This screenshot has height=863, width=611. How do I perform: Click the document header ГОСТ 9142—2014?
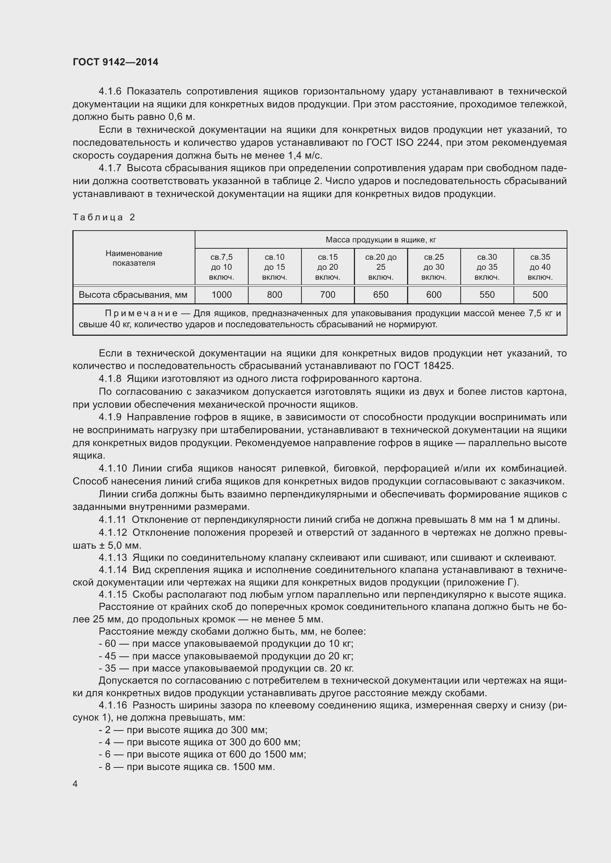pyautogui.click(x=116, y=62)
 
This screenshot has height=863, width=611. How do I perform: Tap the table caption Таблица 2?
pyautogui.click(x=104, y=217)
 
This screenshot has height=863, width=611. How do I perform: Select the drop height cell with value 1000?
pyautogui.click(x=222, y=295)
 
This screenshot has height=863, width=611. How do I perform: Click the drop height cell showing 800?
pyautogui.click(x=274, y=295)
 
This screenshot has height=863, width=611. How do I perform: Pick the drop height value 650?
pyautogui.click(x=381, y=295)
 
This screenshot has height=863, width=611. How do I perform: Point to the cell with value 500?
pyautogui.click(x=540, y=295)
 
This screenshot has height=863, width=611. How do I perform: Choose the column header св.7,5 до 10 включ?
pyautogui.click(x=222, y=267)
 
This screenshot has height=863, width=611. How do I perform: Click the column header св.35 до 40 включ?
pyautogui.click(x=540, y=267)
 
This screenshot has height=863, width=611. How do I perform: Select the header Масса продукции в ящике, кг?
pyautogui.click(x=381, y=240)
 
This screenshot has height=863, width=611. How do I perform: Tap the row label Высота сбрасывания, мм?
pyautogui.click(x=133, y=295)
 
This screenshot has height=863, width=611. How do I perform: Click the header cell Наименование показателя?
pyautogui.click(x=134, y=258)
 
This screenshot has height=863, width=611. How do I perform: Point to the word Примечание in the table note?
pyautogui.click(x=141, y=314)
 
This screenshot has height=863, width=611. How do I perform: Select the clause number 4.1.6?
pyautogui.click(x=110, y=92)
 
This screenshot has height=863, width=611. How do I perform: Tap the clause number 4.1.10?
pyautogui.click(x=113, y=468)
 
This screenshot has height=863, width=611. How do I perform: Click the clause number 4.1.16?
pyautogui.click(x=113, y=705)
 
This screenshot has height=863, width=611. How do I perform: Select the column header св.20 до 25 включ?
pyautogui.click(x=381, y=267)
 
